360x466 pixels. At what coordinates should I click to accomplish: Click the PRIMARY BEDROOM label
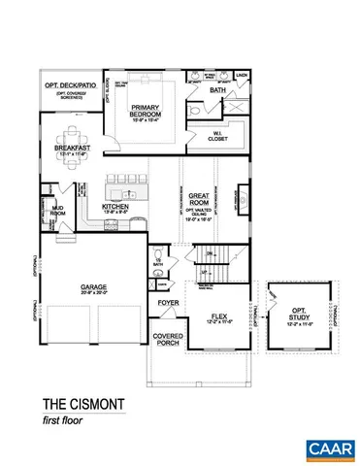[151, 114]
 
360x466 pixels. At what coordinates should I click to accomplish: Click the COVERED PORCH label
[168, 340]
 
